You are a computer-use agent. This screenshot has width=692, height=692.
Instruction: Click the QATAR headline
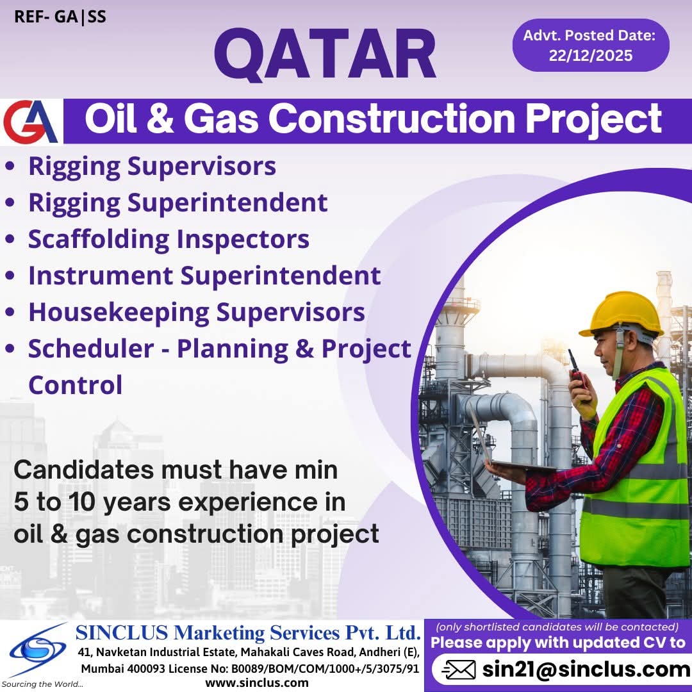click(325, 54)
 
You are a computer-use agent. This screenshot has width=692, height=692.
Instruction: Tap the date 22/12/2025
click(591, 56)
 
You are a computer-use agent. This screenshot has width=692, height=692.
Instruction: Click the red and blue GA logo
click(31, 121)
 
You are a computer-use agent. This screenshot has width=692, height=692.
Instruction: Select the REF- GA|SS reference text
click(60, 17)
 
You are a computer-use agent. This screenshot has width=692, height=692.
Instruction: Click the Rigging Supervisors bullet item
click(152, 167)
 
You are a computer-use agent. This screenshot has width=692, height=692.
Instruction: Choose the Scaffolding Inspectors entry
click(169, 240)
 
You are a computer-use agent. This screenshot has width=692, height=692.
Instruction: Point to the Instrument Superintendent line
click(204, 276)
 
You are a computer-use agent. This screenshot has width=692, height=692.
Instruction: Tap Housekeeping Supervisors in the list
click(197, 313)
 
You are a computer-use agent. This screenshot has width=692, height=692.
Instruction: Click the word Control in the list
click(76, 385)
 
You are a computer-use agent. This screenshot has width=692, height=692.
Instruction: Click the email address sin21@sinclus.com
click(586, 670)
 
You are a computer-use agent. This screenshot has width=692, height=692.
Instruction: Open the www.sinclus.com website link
click(257, 683)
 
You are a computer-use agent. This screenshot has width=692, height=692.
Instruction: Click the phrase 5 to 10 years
click(92, 502)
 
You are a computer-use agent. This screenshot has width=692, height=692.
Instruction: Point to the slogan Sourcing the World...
click(42, 684)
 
